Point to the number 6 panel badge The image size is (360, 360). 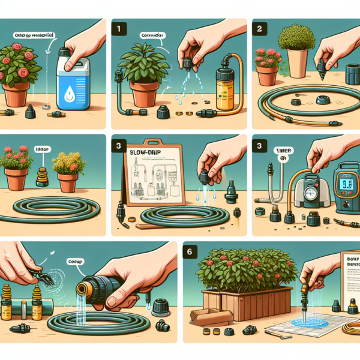190,253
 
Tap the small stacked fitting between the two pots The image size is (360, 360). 41,176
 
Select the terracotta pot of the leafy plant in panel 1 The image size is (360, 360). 144,94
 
